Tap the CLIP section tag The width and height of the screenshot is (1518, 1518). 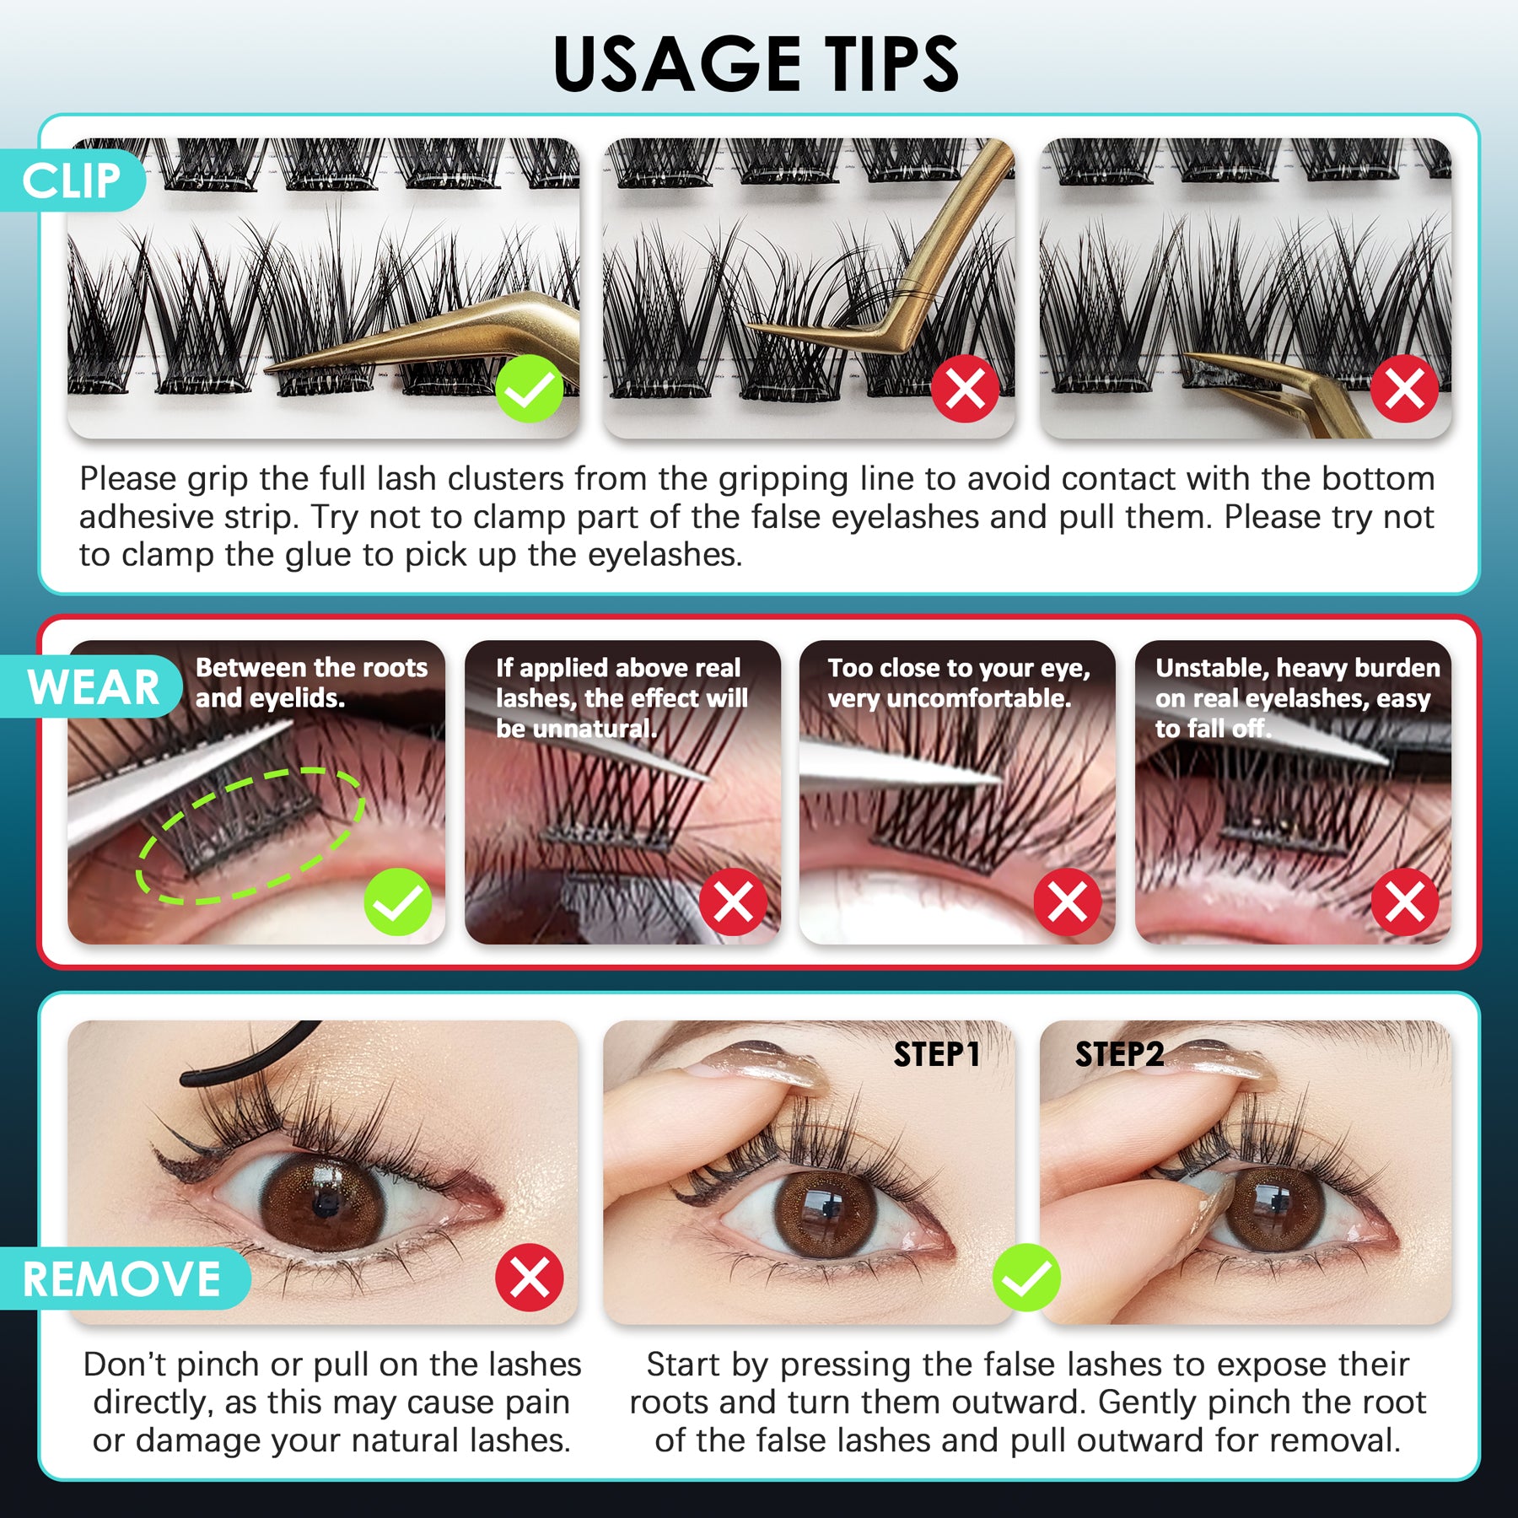tap(72, 180)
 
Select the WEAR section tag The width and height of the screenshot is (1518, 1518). tap(93, 686)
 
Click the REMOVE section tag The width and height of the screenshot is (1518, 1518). tap(122, 1278)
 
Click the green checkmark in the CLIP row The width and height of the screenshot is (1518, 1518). tap(529, 389)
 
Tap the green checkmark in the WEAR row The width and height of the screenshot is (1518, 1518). tap(397, 902)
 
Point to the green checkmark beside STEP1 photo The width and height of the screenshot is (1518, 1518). tap(1026, 1277)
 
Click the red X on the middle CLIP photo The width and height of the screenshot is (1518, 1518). tap(965, 389)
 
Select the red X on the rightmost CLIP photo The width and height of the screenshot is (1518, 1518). tap(1404, 389)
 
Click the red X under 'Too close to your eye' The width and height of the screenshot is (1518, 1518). tap(1068, 902)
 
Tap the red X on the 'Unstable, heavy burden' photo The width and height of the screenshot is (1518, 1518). tap(1404, 902)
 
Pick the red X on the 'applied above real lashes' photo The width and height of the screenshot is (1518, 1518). tap(733, 902)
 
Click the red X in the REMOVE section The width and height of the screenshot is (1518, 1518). tap(529, 1277)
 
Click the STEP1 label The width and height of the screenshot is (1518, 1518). tap(936, 1054)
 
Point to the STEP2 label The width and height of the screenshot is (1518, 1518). tap(1119, 1054)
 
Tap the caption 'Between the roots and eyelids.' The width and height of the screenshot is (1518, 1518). tap(311, 682)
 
